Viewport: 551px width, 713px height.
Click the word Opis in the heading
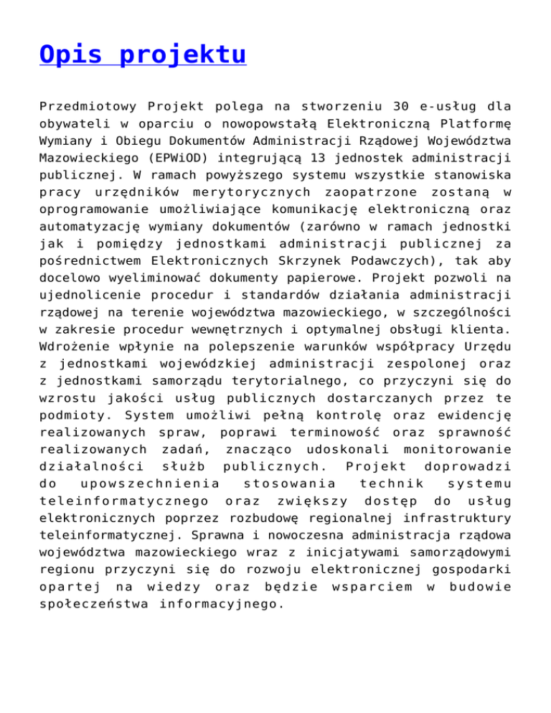(70, 55)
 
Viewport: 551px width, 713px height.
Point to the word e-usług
(447, 108)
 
